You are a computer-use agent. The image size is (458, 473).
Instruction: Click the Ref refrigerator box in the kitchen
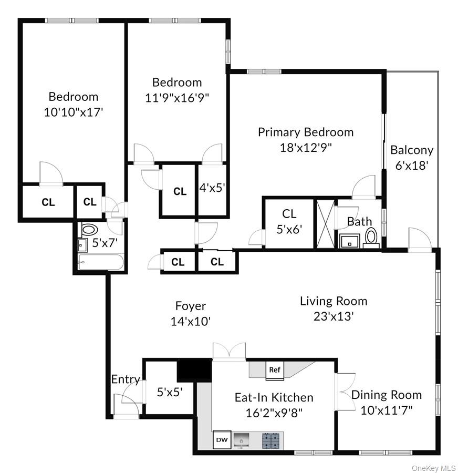click(x=275, y=370)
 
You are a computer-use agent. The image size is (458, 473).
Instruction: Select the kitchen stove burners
click(x=271, y=439)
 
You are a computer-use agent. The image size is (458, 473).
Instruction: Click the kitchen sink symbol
click(x=242, y=439)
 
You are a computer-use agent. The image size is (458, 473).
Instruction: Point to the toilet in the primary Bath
click(x=372, y=237)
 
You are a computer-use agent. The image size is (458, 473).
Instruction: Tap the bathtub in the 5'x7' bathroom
click(x=101, y=262)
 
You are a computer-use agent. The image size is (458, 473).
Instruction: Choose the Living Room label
click(x=334, y=301)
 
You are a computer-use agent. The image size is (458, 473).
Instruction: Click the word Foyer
click(x=191, y=306)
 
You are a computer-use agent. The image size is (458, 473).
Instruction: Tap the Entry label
click(x=126, y=379)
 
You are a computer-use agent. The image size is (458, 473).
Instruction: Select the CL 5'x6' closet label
click(x=289, y=221)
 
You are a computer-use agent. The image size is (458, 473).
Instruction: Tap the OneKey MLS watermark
click(x=434, y=468)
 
